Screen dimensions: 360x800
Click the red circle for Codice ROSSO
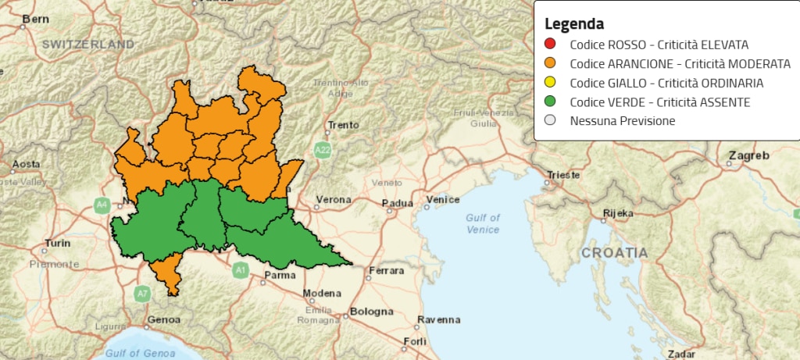pyautogui.click(x=550, y=44)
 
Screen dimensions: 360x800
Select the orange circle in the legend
pyautogui.click(x=550, y=63)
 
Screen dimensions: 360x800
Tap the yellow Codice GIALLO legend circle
pyautogui.click(x=550, y=83)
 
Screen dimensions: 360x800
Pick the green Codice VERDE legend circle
pyautogui.click(x=550, y=102)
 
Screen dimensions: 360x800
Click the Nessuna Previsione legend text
pyautogui.click(x=622, y=121)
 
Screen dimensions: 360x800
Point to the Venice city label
pyautogui.click(x=443, y=200)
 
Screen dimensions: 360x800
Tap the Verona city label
pyautogui.click(x=333, y=200)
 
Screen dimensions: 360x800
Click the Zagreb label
pyautogui.click(x=749, y=155)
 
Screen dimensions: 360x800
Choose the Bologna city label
pyautogui.click(x=371, y=311)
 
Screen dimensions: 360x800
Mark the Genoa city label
pyautogui.click(x=163, y=319)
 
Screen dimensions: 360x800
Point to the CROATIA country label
pyautogui.click(x=614, y=253)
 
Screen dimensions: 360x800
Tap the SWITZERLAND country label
pyautogui.click(x=88, y=45)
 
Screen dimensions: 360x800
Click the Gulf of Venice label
pyautogui.click(x=482, y=223)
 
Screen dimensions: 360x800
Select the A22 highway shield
pyautogui.click(x=323, y=148)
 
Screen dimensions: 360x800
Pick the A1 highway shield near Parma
pyautogui.click(x=240, y=270)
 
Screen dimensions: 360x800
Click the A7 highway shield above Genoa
pyautogui.click(x=141, y=294)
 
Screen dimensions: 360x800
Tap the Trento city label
pyautogui.click(x=343, y=125)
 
